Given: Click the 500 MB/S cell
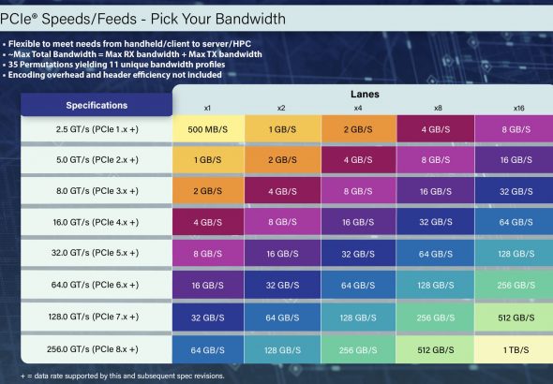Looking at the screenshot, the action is [208, 129].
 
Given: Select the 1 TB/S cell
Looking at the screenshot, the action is [514, 349].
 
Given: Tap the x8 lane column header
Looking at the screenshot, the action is [438, 108].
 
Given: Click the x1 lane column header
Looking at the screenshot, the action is [207, 108].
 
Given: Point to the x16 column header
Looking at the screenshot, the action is [519, 108].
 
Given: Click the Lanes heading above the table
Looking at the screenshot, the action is [365, 94].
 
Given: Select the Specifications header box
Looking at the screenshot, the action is [97, 105].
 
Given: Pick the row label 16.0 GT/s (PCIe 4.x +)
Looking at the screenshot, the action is [96, 222].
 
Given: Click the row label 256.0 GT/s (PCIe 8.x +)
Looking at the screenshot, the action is [93, 349].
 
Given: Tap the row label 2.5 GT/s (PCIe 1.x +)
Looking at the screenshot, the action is [97, 129].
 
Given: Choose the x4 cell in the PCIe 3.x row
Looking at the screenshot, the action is [359, 190].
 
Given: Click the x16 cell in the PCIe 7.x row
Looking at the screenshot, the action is [514, 318].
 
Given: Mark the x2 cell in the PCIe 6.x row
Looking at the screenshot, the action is [282, 285].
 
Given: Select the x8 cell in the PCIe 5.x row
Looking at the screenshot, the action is [436, 253].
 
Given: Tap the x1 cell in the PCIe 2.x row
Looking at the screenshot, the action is [208, 159].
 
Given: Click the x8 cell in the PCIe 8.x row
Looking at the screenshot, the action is [436, 349].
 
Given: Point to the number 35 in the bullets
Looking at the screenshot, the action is [13, 65].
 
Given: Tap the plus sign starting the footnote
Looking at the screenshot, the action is [22, 377].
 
